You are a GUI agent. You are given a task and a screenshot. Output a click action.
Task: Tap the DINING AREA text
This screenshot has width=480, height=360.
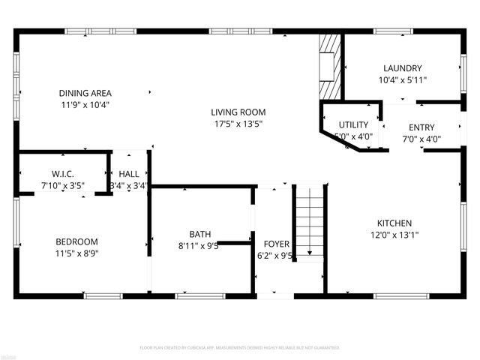click(85, 93)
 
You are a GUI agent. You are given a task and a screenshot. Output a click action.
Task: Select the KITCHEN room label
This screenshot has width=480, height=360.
click(394, 223)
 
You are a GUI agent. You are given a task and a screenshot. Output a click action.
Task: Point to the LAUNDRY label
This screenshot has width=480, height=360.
click(402, 67)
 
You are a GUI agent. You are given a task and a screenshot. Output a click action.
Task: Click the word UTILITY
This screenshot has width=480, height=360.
click(352, 124)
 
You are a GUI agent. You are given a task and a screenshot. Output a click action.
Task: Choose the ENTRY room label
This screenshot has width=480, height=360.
click(421, 127)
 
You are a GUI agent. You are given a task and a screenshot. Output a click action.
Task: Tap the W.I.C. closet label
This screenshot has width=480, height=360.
click(62, 174)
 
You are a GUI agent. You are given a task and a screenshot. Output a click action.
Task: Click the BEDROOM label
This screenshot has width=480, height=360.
click(76, 241)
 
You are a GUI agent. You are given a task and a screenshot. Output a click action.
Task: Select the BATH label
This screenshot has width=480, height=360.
click(199, 233)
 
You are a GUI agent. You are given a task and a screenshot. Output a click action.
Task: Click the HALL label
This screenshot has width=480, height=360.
click(128, 174)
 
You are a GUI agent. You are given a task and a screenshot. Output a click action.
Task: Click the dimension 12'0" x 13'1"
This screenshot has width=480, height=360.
click(394, 235)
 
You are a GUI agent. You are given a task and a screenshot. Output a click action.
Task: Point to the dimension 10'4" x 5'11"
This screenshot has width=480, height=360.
click(402, 79)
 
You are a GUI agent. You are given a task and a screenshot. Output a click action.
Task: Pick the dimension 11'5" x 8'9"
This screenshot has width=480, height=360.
click(76, 253)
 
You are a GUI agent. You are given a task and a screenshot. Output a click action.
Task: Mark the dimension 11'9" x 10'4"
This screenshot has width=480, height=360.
click(85, 105)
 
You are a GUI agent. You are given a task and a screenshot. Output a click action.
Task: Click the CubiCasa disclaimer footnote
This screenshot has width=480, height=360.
click(240, 348)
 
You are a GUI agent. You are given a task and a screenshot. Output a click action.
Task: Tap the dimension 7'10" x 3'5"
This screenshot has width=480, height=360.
click(62, 186)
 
